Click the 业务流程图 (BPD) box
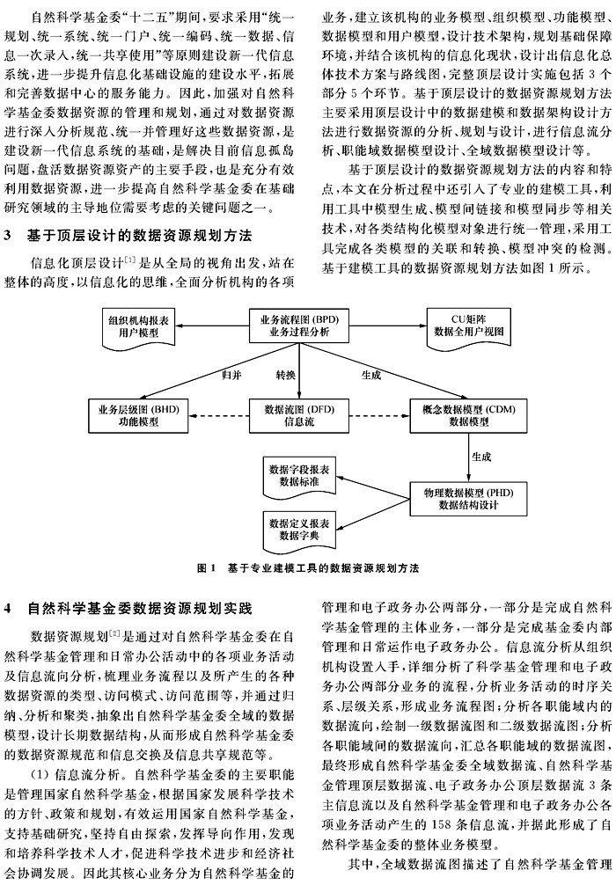299,326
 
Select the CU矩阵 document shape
469,327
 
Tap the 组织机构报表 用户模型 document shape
138,327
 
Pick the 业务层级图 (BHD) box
138,415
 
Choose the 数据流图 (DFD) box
299,415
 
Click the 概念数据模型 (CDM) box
469,415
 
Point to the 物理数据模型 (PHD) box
469,499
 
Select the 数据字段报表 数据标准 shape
299,476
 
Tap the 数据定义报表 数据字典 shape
299,530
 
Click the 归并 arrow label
231,375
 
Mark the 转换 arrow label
285,375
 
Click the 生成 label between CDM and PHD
481,457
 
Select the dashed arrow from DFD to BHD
218,416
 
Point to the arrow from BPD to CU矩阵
388,326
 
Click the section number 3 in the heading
7,236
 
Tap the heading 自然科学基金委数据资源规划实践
140,609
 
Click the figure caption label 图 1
207,568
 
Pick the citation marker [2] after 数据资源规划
114,635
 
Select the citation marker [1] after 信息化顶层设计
130,260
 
